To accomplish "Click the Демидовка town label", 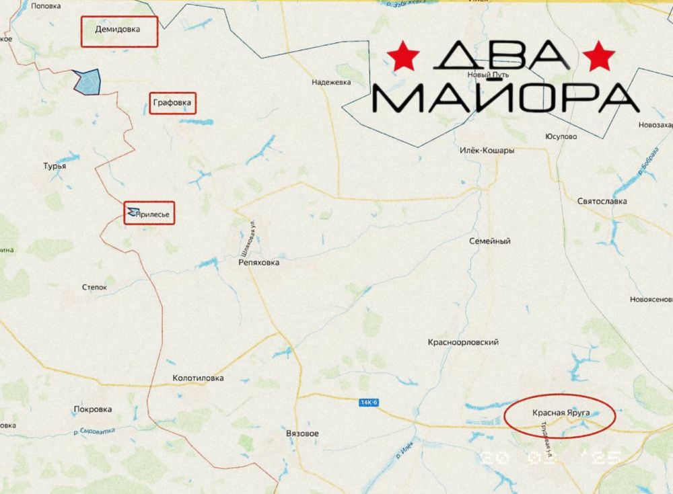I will [x=118, y=30].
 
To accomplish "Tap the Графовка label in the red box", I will [x=172, y=103].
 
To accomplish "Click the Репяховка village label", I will [x=258, y=263].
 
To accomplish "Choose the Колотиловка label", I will [x=198, y=378].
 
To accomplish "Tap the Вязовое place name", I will [x=302, y=434].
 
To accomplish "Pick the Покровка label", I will [x=92, y=409].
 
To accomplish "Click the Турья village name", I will [x=55, y=165].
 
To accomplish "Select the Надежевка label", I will [x=332, y=83].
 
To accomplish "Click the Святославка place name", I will [x=602, y=201].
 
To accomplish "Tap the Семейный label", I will [x=489, y=241].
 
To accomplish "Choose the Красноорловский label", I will [x=463, y=343].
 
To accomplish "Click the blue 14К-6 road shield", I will [x=369, y=402].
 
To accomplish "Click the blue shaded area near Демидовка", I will [x=88, y=82].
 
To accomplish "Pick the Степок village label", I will [x=94, y=287].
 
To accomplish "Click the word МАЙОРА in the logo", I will [x=505, y=98].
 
